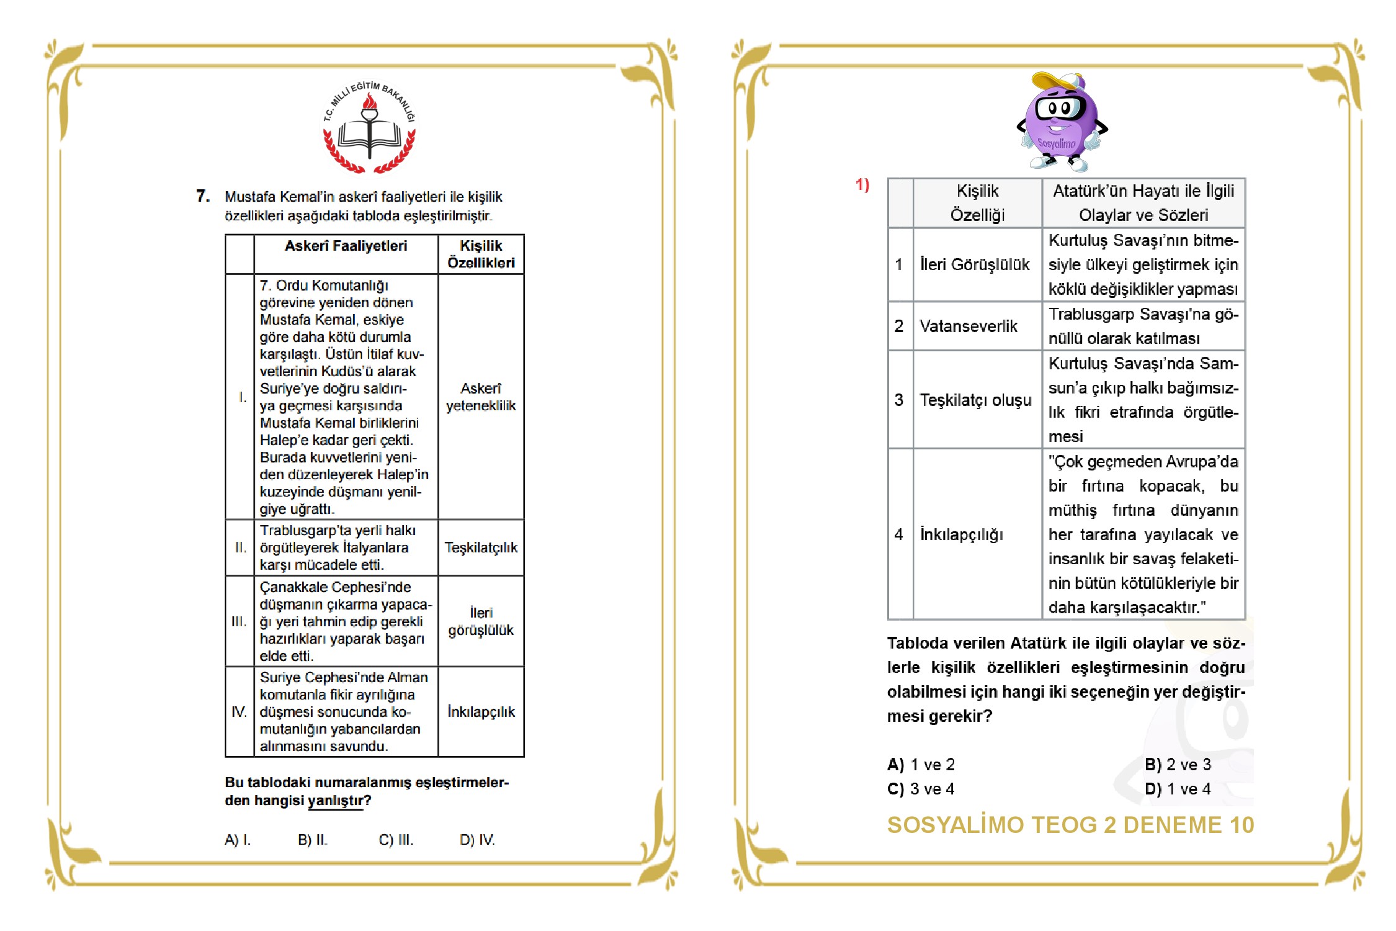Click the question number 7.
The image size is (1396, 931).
(x=203, y=196)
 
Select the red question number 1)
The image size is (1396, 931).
(x=862, y=184)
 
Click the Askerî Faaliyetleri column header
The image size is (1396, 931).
(x=346, y=246)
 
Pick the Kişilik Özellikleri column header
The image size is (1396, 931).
(x=481, y=254)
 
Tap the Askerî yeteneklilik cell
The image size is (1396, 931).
(x=481, y=397)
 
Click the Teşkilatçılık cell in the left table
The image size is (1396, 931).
(x=481, y=547)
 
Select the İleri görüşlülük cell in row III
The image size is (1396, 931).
(x=481, y=621)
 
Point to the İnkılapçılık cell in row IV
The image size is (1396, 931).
(x=481, y=712)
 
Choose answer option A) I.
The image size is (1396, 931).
(x=238, y=840)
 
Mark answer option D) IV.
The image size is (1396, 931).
(x=477, y=840)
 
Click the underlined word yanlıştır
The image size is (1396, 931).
(x=335, y=801)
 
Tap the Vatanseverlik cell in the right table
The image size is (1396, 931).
(x=969, y=326)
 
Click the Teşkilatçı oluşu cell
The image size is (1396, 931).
(x=975, y=400)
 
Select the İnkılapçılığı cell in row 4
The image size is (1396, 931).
(x=961, y=534)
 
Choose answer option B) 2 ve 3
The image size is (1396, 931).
(x=1178, y=765)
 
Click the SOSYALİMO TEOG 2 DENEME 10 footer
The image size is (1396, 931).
(x=1070, y=825)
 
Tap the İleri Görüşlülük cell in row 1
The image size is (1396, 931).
(x=974, y=264)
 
